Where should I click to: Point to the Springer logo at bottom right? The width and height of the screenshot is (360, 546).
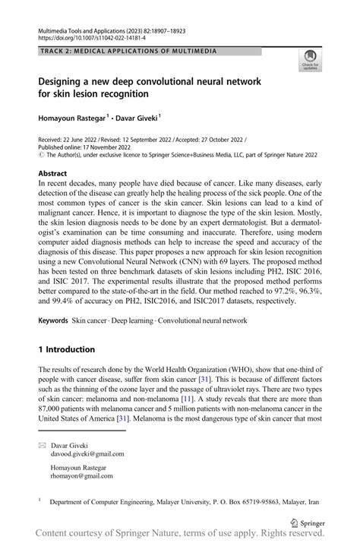(x=309, y=523)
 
